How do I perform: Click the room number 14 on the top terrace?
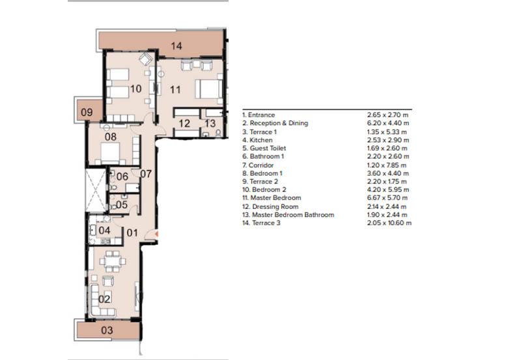(x=176, y=46)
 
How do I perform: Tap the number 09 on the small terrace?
(x=87, y=112)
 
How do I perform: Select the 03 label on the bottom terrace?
(x=107, y=330)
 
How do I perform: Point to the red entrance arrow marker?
(x=156, y=234)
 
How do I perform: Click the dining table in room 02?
(x=113, y=261)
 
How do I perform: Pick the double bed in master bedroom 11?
(x=208, y=89)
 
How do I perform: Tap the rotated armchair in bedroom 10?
(x=145, y=59)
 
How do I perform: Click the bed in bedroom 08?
(x=110, y=153)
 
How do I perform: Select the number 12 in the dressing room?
(x=184, y=124)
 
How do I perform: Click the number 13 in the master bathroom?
(x=210, y=124)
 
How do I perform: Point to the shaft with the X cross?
(x=96, y=190)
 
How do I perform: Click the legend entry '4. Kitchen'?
(x=257, y=140)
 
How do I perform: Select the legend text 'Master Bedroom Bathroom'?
(x=292, y=215)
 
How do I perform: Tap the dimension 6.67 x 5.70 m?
(x=387, y=198)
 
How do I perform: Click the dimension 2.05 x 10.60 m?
(x=389, y=223)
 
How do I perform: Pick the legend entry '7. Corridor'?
(x=258, y=165)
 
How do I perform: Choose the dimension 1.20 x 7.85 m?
(x=387, y=165)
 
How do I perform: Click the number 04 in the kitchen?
(x=104, y=230)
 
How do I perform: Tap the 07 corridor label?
(x=146, y=174)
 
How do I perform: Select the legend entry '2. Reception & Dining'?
(x=275, y=123)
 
